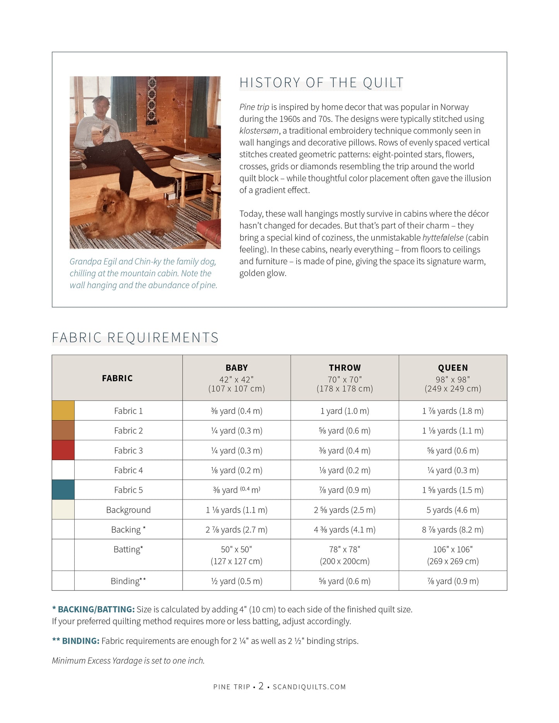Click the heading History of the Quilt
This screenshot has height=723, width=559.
pos(321,83)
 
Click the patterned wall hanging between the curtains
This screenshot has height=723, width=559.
pos(152,102)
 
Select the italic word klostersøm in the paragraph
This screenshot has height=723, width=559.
pos(259,131)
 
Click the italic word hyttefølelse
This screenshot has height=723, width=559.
pos(443,237)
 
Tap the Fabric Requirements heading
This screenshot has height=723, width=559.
pos(135,338)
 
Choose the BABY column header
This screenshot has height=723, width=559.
pos(236,368)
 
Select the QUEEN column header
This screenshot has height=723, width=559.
pos(453,368)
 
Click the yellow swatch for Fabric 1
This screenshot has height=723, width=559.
pos(63,411)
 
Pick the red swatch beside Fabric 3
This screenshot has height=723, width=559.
pos(63,450)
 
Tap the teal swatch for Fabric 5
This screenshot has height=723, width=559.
pos(63,490)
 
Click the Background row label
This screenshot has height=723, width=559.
pos(128,510)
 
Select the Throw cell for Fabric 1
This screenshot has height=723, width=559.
pos(344,411)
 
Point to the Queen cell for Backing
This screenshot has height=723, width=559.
pos(453,530)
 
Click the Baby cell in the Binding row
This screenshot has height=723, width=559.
pos(236,581)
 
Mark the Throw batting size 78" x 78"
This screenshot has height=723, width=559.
pos(344,549)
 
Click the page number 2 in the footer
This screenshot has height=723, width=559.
pos(261,686)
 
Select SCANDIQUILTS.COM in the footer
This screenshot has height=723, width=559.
pos(309,687)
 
